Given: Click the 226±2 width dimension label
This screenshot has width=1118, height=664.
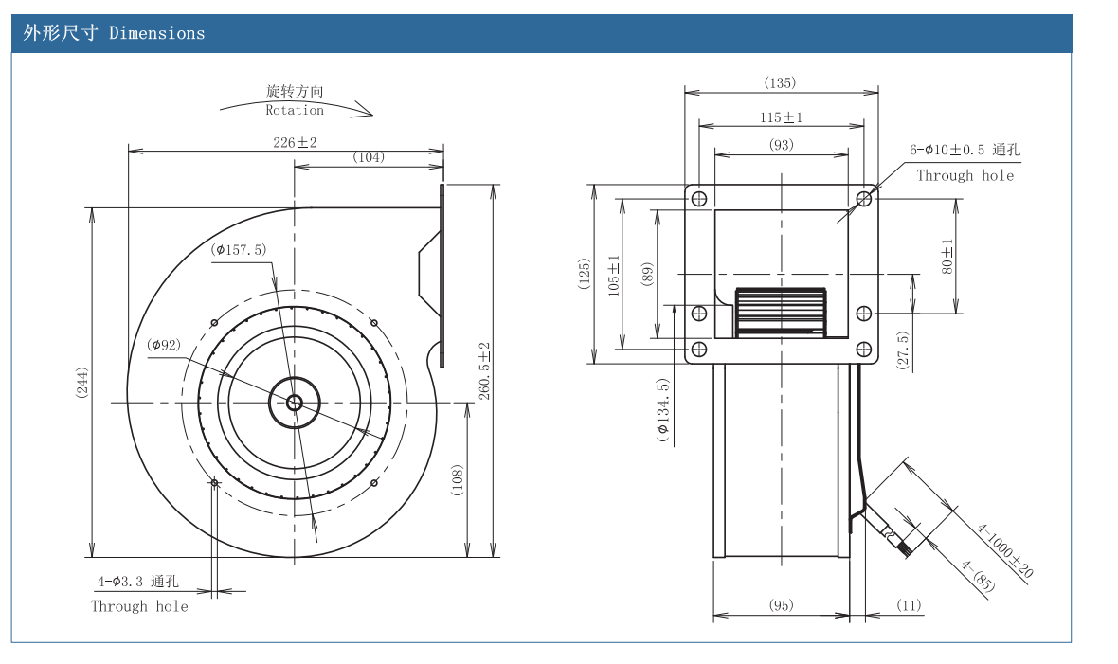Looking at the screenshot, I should (x=295, y=142).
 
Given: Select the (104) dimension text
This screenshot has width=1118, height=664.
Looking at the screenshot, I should (x=369, y=157).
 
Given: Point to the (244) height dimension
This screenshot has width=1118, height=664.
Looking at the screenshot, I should (x=82, y=382).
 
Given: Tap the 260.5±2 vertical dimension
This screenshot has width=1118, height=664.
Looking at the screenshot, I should (x=484, y=370).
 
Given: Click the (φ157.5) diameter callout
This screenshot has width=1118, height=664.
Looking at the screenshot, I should (x=240, y=250).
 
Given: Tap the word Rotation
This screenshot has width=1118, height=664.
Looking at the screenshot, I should (x=295, y=110).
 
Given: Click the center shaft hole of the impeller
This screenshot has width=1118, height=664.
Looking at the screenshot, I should (x=294, y=403).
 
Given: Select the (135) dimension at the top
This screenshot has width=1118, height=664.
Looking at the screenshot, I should (x=780, y=83).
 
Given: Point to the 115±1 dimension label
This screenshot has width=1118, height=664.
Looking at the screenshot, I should (x=781, y=117).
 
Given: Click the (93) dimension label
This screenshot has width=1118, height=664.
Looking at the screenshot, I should (x=781, y=145).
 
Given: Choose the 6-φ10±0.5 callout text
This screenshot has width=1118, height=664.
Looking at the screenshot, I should (x=965, y=150).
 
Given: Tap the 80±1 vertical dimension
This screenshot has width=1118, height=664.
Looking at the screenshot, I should (x=947, y=256).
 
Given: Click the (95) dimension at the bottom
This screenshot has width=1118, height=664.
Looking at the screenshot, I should (x=781, y=605).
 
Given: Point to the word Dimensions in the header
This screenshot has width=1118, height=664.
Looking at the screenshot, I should (x=157, y=33).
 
